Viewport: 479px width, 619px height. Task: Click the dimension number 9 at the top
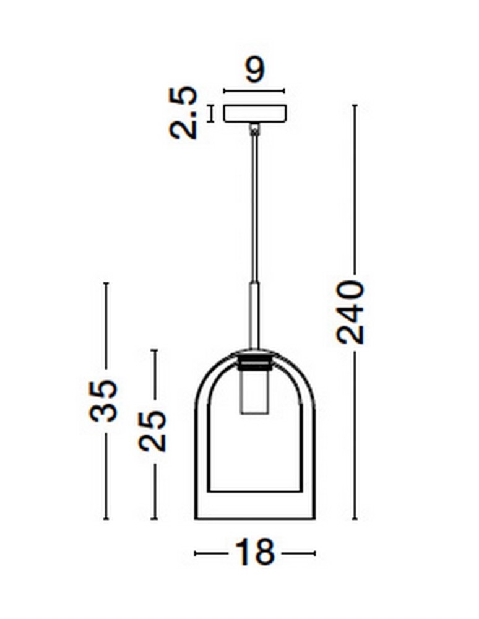click(x=254, y=69)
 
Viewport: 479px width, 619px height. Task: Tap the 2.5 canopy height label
click(x=184, y=113)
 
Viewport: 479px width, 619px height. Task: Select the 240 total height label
click(x=350, y=312)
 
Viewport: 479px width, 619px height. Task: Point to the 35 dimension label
click(x=103, y=400)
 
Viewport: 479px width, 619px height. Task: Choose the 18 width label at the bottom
click(x=254, y=553)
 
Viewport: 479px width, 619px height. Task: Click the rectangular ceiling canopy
click(x=254, y=113)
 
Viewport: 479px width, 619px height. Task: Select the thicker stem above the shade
click(x=254, y=316)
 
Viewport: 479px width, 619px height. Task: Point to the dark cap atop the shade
click(x=254, y=360)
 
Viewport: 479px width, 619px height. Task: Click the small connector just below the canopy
click(x=254, y=129)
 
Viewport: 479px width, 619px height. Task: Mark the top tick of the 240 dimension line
click(x=355, y=105)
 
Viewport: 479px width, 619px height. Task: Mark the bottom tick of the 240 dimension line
click(x=355, y=519)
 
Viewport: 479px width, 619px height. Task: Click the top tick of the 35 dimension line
click(x=106, y=283)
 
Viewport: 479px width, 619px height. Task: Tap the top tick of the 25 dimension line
click(x=154, y=350)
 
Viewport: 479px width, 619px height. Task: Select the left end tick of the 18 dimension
click(x=195, y=553)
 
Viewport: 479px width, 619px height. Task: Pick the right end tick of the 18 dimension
click(x=314, y=553)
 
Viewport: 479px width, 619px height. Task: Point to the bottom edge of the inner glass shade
click(x=254, y=491)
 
